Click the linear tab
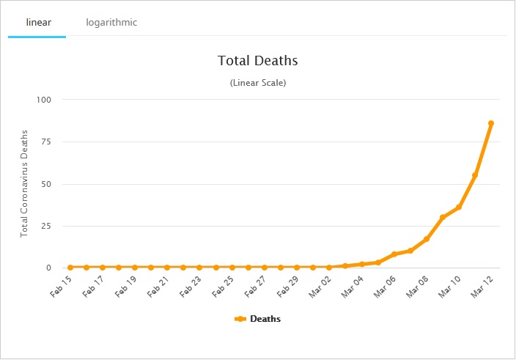pyautogui.click(x=38, y=23)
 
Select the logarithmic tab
pyautogui.click(x=111, y=23)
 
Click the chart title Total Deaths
pyautogui.click(x=258, y=60)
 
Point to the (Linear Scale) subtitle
pyautogui.click(x=258, y=83)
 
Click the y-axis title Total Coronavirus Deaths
pyautogui.click(x=24, y=183)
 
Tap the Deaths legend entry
pyautogui.click(x=258, y=319)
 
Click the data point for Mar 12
pyautogui.click(x=491, y=123)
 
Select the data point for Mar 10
pyautogui.click(x=459, y=207)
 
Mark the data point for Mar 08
pyautogui.click(x=427, y=239)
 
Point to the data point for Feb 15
pyautogui.click(x=70, y=268)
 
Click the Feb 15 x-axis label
pyautogui.click(x=61, y=286)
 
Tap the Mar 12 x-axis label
pyautogui.click(x=482, y=286)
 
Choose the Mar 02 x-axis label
pyautogui.click(x=320, y=286)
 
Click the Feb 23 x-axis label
pyautogui.click(x=191, y=286)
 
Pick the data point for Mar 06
pyautogui.click(x=394, y=254)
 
